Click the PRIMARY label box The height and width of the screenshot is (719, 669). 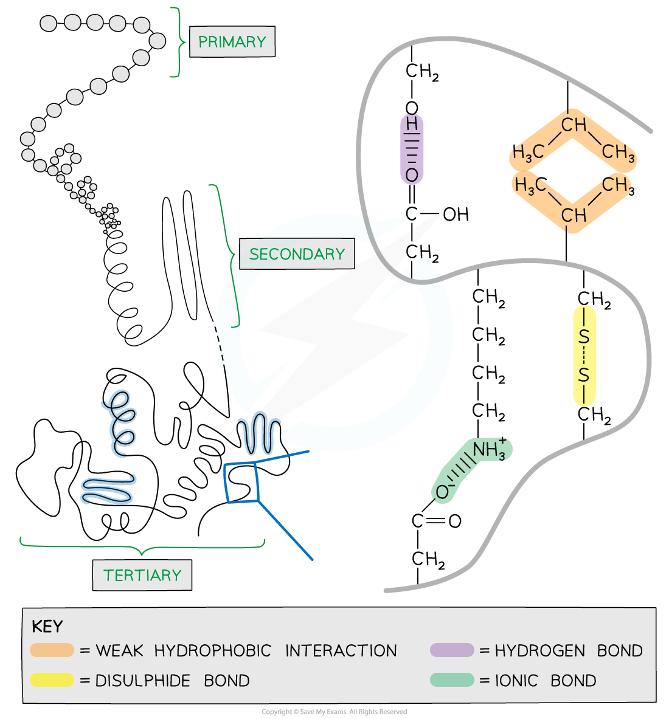(232, 42)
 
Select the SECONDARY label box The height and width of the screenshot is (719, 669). (297, 254)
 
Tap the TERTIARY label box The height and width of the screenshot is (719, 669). (142, 575)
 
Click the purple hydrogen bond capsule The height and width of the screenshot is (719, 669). (412, 149)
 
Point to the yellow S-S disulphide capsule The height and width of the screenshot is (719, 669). (584, 356)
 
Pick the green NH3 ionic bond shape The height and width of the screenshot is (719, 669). (472, 470)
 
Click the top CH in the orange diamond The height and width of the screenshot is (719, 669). (574, 125)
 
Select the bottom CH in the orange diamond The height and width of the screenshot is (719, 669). (574, 215)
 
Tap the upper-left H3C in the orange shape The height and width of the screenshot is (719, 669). (528, 153)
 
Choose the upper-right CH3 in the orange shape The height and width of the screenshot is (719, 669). (618, 153)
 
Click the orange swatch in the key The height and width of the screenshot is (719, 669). (52, 650)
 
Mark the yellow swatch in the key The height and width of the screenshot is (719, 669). (52, 680)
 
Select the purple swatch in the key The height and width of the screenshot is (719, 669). (452, 650)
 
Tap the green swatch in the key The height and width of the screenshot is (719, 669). (452, 680)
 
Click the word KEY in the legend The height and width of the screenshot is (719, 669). (47, 627)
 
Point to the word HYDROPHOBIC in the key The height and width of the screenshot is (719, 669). (213, 651)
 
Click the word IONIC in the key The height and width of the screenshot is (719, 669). (516, 681)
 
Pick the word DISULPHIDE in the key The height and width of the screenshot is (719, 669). (143, 681)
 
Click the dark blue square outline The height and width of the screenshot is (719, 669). (242, 483)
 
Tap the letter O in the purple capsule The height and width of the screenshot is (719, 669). (412, 175)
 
